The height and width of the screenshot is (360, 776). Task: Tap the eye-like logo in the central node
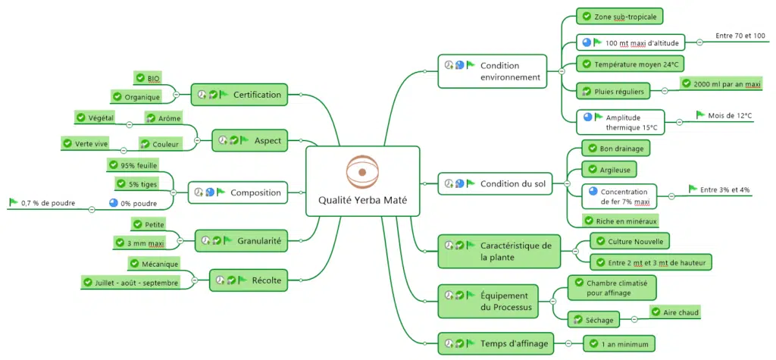click(361, 171)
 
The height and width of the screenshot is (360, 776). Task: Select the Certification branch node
click(239, 95)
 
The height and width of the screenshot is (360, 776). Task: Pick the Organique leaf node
click(137, 96)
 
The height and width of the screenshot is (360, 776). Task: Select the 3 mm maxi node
click(139, 243)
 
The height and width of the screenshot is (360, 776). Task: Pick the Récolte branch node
click(249, 280)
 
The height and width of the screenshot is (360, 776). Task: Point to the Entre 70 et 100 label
click(740, 36)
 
